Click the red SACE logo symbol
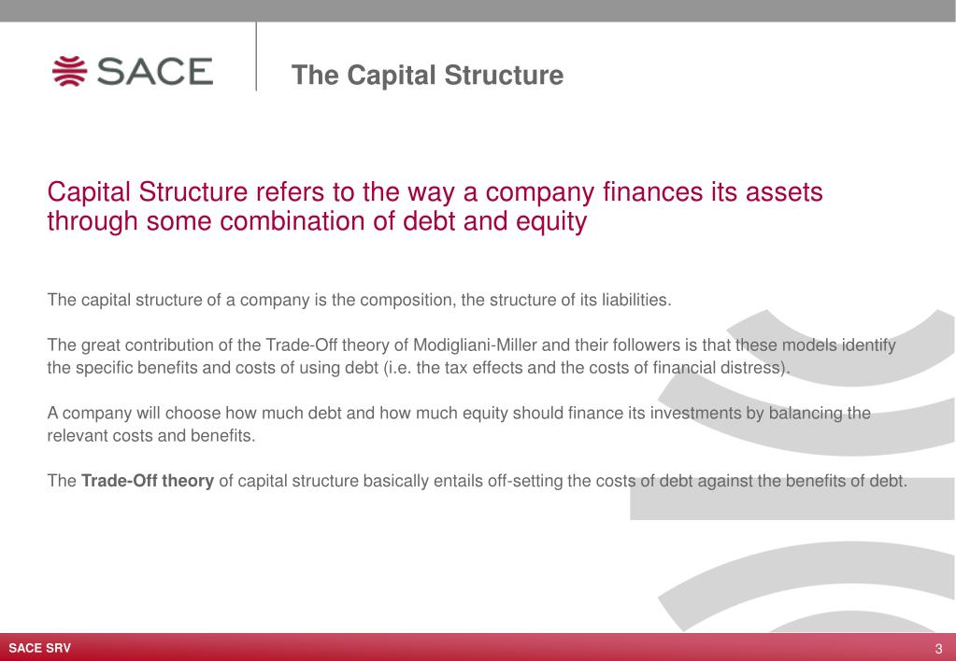[70, 72]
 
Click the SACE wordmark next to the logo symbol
[154, 72]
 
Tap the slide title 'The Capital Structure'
[427, 75]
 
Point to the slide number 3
[938, 649]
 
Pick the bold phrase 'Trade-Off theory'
[149, 482]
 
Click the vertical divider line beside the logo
[256, 56]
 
